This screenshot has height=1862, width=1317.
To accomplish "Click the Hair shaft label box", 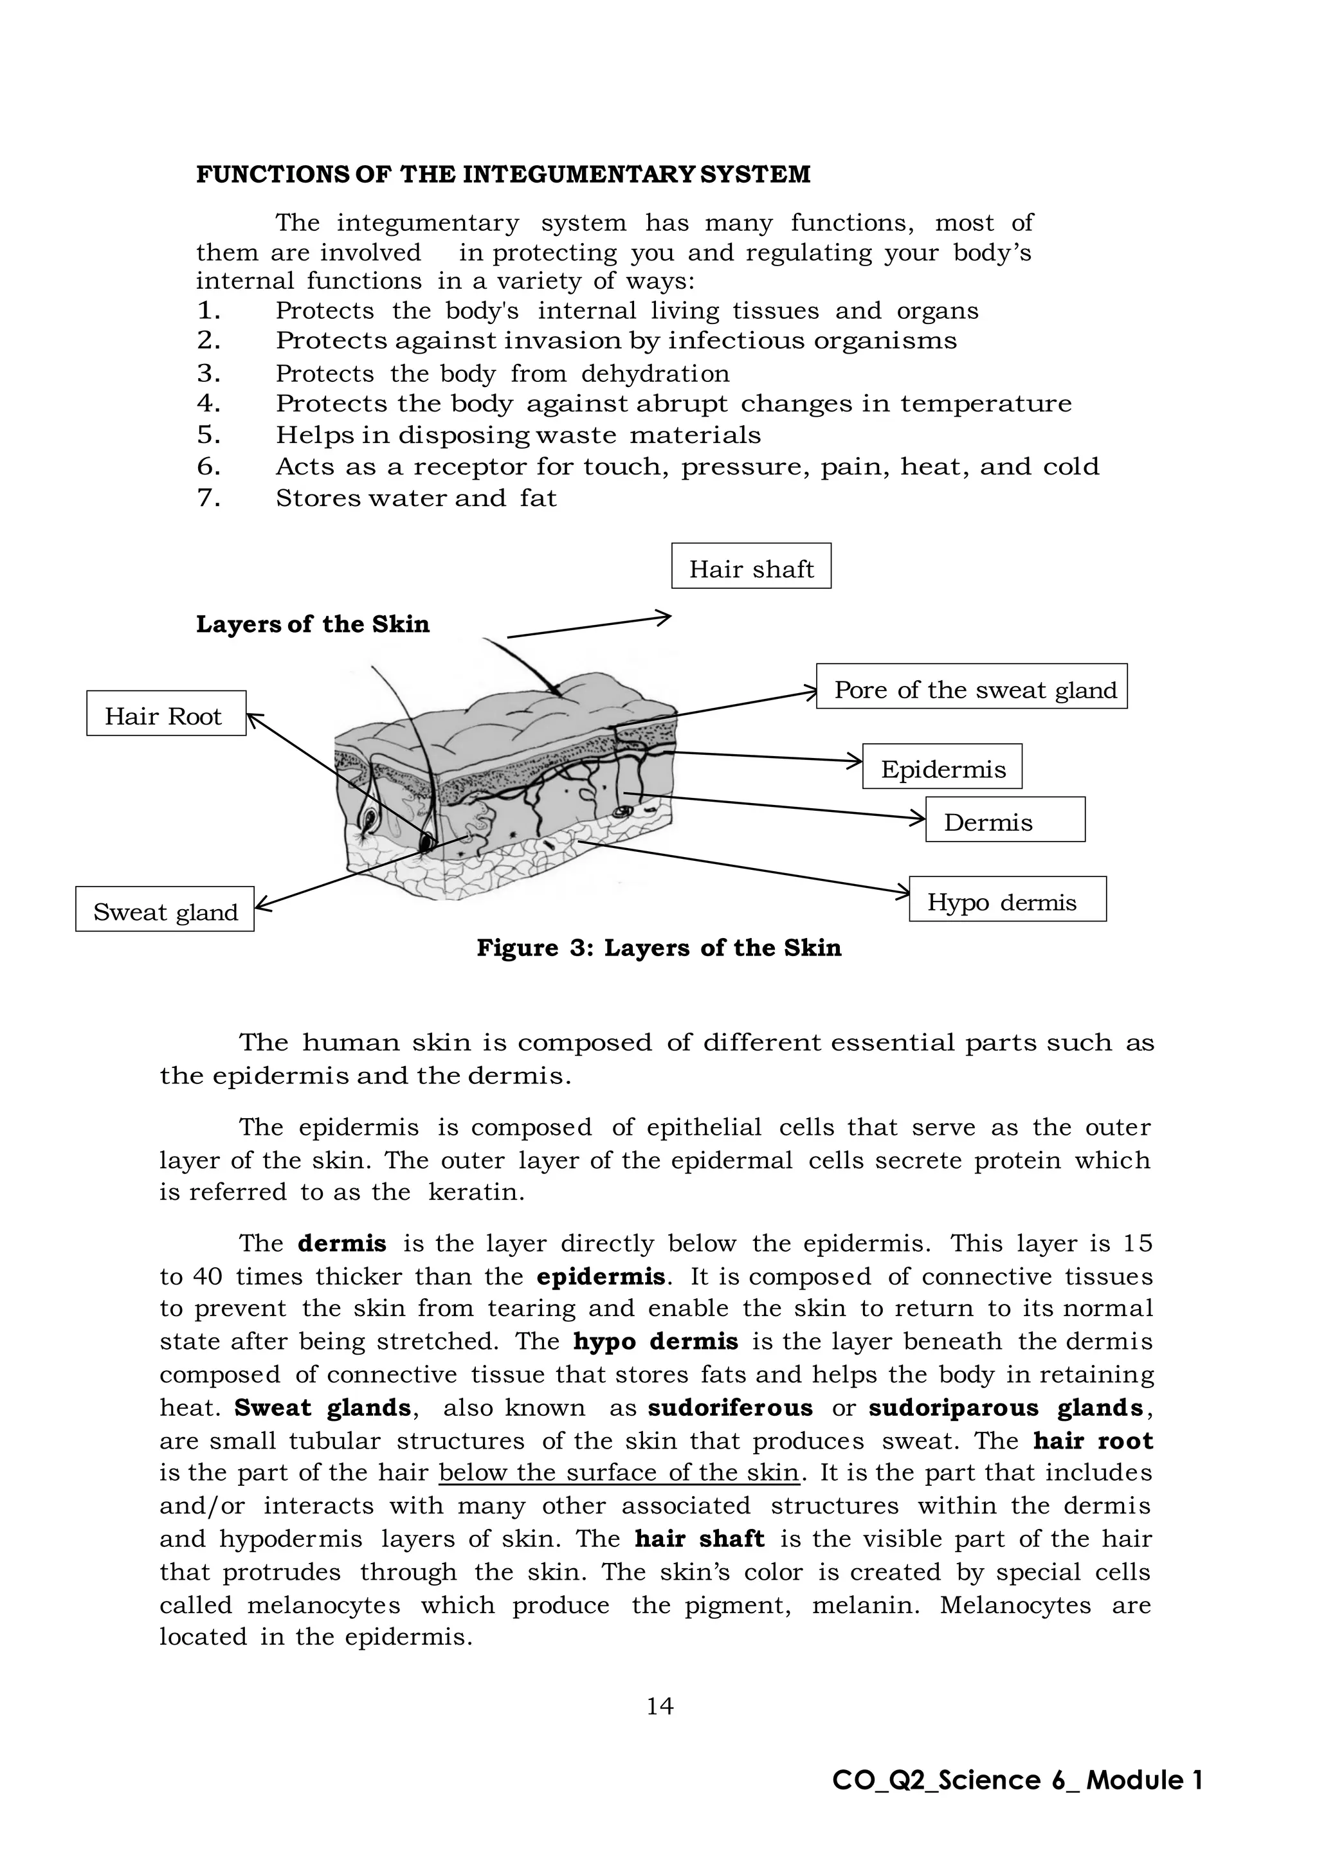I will [x=751, y=566].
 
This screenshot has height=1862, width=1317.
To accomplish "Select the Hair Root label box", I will [x=167, y=714].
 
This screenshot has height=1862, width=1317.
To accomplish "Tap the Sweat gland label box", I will [x=165, y=909].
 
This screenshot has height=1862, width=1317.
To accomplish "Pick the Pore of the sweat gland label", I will [x=972, y=687].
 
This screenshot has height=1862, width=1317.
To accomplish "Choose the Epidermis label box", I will [x=941, y=766].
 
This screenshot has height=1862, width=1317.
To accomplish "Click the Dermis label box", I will [x=1004, y=820].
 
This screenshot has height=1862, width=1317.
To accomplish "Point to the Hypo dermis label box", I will [x=1007, y=899].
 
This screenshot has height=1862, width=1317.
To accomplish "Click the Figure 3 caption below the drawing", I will [x=658, y=947].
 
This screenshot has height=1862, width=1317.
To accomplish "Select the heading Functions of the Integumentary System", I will [x=503, y=174].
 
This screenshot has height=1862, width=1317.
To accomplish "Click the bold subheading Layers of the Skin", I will [x=313, y=624].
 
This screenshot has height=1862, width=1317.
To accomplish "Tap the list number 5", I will [x=208, y=435].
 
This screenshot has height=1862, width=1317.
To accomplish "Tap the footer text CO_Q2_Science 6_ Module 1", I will [x=1017, y=1780].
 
